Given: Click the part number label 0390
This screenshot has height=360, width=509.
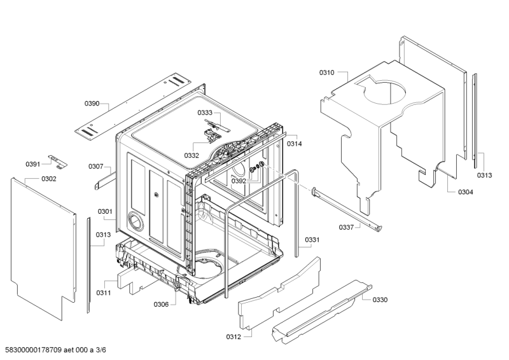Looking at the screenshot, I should [x=92, y=104].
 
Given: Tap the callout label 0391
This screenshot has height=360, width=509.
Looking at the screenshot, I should [x=33, y=164].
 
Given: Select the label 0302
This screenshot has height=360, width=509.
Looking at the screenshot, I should [x=49, y=179].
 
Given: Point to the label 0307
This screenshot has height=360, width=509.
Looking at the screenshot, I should [x=95, y=167].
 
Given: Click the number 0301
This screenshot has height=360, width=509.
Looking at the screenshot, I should [x=105, y=212].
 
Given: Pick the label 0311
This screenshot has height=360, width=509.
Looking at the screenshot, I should [x=104, y=293].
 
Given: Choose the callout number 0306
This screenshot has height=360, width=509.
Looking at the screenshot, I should [x=160, y=304].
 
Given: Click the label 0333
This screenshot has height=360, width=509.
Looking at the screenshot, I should [x=205, y=113].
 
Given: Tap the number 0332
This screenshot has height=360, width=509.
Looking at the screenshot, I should [x=192, y=155].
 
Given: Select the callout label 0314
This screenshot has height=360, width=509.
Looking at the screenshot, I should [x=294, y=144].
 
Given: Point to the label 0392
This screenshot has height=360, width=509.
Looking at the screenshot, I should [x=239, y=181].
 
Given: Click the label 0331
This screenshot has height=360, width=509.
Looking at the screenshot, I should [x=312, y=240].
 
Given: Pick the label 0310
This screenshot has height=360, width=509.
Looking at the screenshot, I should [x=326, y=73].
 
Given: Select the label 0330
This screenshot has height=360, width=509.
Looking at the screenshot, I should [x=380, y=300].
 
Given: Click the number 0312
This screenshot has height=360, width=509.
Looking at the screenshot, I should [x=234, y=336].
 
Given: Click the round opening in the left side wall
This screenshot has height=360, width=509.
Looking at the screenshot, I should [x=136, y=221].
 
